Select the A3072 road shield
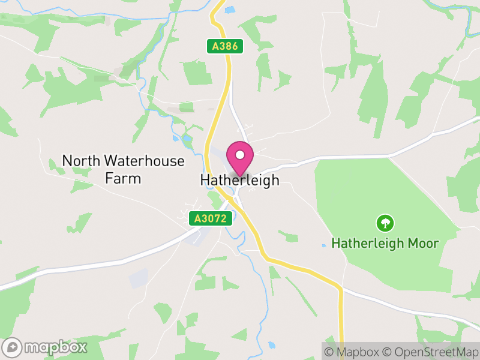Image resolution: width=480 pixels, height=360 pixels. [x=210, y=219]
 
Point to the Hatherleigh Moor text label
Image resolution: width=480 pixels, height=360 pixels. [x=385, y=244]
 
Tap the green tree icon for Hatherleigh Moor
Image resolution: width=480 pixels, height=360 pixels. [x=385, y=224]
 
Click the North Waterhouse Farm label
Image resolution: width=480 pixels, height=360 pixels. [x=124, y=169]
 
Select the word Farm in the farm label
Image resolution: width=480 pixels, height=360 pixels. [x=123, y=178]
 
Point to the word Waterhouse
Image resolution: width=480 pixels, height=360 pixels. [x=144, y=161]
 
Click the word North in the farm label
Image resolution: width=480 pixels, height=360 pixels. [x=82, y=161]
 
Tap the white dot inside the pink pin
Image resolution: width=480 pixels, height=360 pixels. [x=240, y=154]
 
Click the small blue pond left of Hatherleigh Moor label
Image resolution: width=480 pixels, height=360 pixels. [x=324, y=245]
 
